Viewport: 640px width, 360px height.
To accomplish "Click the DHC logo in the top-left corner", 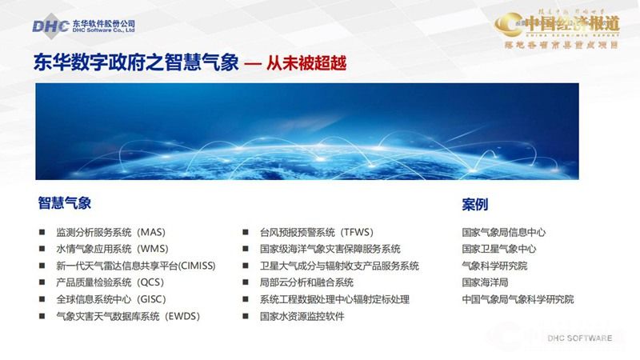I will [50, 26].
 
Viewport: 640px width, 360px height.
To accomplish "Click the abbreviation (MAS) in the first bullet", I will [150, 232].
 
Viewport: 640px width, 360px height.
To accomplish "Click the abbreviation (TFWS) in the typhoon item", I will [357, 232].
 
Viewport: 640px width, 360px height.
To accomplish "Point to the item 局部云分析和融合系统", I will [306, 282].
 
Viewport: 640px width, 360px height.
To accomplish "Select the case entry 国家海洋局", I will [485, 282].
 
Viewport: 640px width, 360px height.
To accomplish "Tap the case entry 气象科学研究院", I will [494, 266].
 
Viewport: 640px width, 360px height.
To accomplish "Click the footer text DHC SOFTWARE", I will [580, 338].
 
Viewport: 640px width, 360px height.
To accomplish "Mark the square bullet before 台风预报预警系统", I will [246, 233].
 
